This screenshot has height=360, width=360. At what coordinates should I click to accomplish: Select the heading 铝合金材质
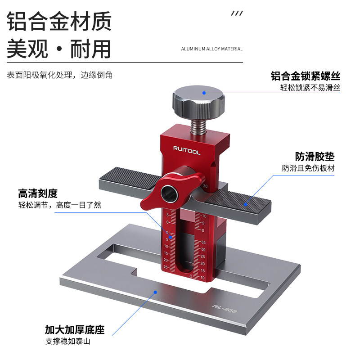point(59,21)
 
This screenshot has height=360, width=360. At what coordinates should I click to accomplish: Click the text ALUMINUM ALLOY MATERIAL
point(211,49)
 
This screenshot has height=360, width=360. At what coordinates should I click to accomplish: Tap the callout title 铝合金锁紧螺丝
point(305,76)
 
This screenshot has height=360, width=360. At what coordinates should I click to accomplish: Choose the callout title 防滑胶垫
point(315,157)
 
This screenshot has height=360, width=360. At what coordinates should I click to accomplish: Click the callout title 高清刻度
point(38,193)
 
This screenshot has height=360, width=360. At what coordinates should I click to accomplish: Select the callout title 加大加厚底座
point(75,330)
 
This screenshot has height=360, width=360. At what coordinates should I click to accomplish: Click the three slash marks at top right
point(237,14)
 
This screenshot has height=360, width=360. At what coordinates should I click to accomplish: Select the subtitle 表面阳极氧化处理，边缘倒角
point(60,75)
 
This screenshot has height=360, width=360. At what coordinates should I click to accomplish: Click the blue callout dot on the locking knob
point(203,93)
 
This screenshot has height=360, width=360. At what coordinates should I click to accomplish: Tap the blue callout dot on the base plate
point(155,292)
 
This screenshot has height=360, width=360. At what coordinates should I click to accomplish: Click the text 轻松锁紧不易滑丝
point(310,88)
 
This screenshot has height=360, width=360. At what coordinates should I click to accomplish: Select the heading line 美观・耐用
point(59,49)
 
